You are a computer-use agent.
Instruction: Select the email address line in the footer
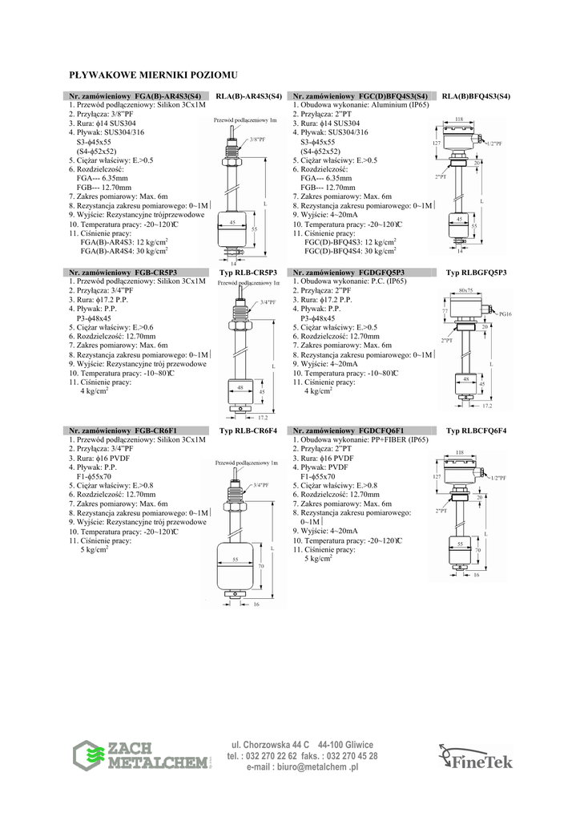303,767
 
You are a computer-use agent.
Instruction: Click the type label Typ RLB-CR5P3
248,273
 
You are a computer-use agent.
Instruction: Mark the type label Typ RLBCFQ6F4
477,431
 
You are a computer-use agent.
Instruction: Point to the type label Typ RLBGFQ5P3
477,273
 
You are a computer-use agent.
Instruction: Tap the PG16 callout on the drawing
505,315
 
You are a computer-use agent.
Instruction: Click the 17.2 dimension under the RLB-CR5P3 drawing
262,418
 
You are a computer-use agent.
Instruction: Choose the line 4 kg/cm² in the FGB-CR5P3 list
94,391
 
